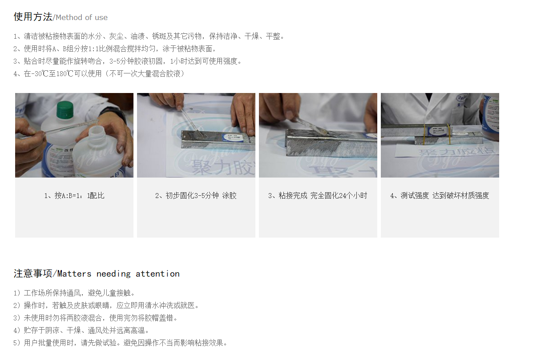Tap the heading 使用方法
click(x=33, y=17)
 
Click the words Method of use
click(x=81, y=18)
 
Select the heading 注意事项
click(x=33, y=273)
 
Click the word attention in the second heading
click(x=157, y=274)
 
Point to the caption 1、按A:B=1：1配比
click(x=74, y=195)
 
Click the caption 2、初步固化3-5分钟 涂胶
click(x=196, y=195)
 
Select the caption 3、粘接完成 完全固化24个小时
click(x=318, y=195)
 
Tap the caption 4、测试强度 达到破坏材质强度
click(x=440, y=195)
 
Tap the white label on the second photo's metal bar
click(x=235, y=138)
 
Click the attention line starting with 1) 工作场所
click(x=74, y=293)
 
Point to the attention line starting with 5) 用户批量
click(x=121, y=343)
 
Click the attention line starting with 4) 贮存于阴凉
click(x=81, y=330)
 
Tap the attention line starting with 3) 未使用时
click(x=96, y=318)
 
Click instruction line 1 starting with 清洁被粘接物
click(x=149, y=36)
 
